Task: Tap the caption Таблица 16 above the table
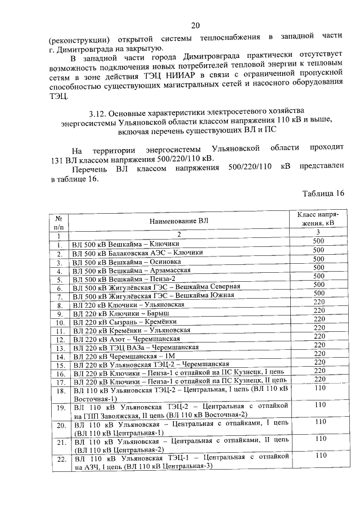click(323, 193)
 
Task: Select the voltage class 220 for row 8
click(319, 303)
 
